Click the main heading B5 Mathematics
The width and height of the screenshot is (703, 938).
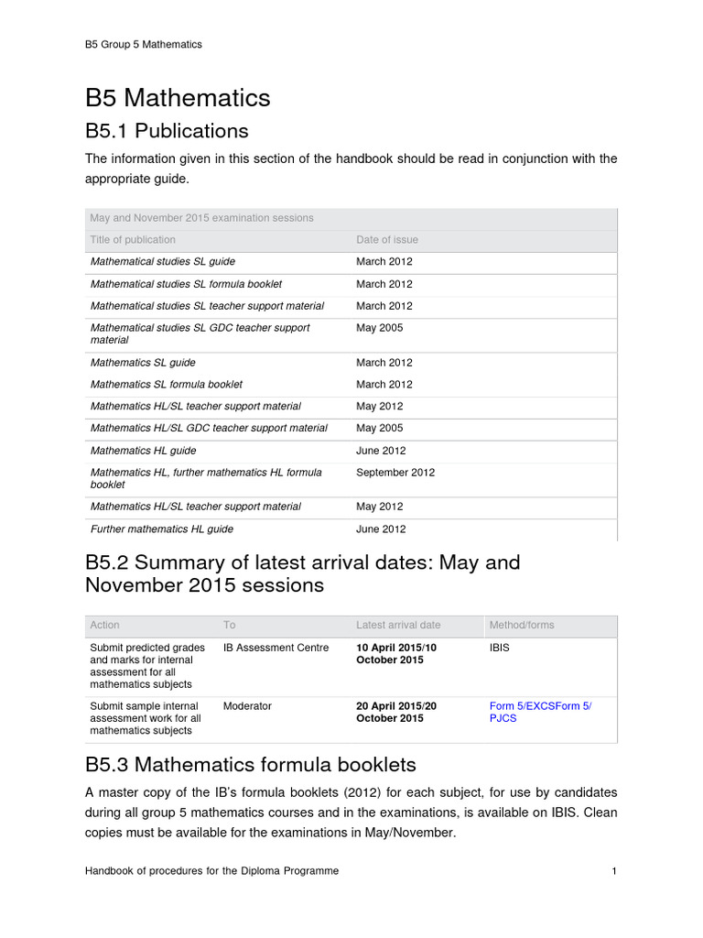pyautogui.click(x=178, y=97)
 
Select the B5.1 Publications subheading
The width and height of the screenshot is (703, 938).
pyautogui.click(x=167, y=130)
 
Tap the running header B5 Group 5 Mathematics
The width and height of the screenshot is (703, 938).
pyautogui.click(x=144, y=44)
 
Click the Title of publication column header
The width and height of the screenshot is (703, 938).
pyautogui.click(x=133, y=240)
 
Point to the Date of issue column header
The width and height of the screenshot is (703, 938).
pyautogui.click(x=386, y=240)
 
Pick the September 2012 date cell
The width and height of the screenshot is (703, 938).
pyautogui.click(x=395, y=473)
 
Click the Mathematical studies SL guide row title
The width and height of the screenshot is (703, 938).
pyautogui.click(x=163, y=262)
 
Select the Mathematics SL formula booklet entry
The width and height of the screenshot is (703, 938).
pyautogui.click(x=166, y=385)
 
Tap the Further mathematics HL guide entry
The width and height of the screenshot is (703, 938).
pyautogui.click(x=161, y=529)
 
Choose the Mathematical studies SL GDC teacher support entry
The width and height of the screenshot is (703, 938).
pyautogui.click(x=200, y=333)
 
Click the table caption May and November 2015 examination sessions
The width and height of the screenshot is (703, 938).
pyautogui.click(x=201, y=218)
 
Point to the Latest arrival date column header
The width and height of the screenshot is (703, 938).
pyautogui.click(x=398, y=625)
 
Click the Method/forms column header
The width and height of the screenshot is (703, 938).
pyautogui.click(x=522, y=625)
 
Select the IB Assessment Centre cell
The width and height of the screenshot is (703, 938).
pyautogui.click(x=276, y=648)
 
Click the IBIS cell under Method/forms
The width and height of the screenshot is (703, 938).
pyautogui.click(x=502, y=648)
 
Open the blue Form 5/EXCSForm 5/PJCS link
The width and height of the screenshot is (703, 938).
pyautogui.click(x=540, y=712)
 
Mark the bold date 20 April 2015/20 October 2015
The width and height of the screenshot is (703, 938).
pyautogui.click(x=396, y=712)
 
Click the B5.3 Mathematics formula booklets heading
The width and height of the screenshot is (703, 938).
pyautogui.click(x=250, y=764)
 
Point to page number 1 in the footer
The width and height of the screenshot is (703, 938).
pyautogui.click(x=614, y=871)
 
